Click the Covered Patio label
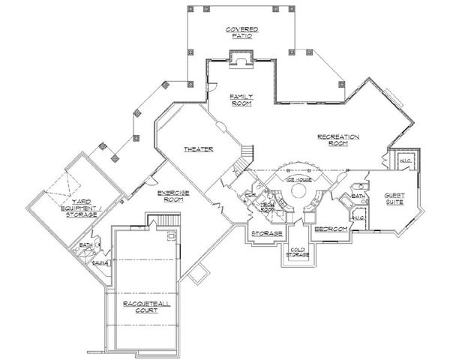click(240, 33)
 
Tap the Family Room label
click(241, 100)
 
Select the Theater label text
click(199, 149)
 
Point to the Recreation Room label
click(339, 140)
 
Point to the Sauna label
click(97, 263)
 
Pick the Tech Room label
click(266, 207)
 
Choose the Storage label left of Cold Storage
click(267, 234)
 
